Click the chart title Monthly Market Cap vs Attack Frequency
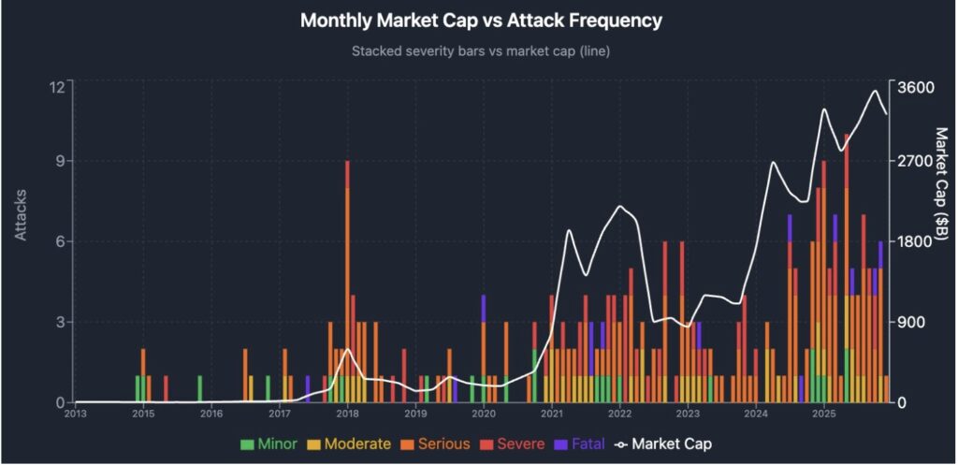(480, 21)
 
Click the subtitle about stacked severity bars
(480, 51)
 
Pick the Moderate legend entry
(350, 443)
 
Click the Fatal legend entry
(580, 443)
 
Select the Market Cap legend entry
(663, 443)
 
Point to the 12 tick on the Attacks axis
(56, 87)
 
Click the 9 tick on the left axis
(60, 161)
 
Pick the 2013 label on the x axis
(75, 413)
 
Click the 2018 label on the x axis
(347, 413)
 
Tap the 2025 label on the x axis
(823, 413)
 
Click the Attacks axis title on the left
(22, 215)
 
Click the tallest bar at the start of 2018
(347, 281)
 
